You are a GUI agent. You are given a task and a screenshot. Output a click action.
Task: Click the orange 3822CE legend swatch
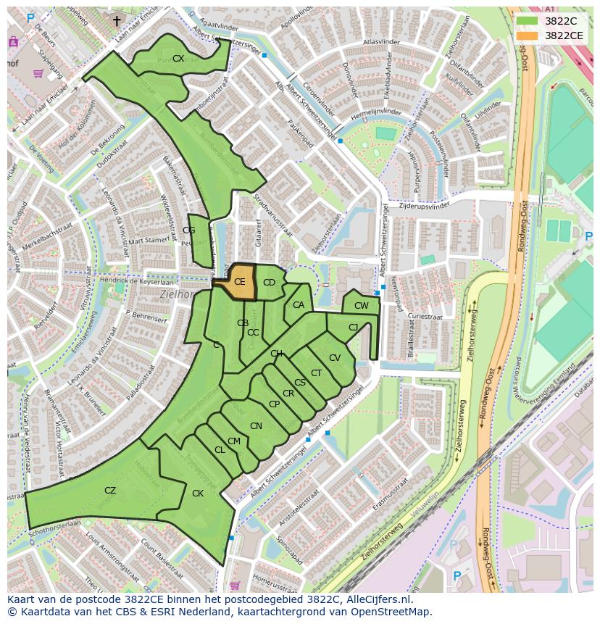coord(527,35)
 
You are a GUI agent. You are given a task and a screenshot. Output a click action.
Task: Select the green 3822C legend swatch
coord(527,21)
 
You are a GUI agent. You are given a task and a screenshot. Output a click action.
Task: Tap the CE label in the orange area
coord(240,282)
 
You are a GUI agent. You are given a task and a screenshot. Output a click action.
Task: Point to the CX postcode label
coord(178,59)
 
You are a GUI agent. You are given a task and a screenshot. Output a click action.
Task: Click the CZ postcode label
coord(110,491)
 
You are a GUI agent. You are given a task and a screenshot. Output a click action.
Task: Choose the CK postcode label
coord(198,494)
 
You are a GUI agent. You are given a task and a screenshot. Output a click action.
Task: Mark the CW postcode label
coord(361,306)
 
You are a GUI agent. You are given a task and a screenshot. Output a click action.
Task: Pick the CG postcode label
coord(189,230)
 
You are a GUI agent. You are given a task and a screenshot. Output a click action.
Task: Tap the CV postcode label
coord(334,358)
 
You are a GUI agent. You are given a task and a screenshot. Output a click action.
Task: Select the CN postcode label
coord(256,426)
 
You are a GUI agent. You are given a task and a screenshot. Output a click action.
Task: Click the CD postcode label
coord(269,283)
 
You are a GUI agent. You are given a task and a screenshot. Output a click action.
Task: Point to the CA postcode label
coord(299,305)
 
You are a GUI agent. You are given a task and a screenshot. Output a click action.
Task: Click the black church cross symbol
coord(117,21)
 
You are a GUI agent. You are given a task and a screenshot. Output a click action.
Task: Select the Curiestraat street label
coord(425,317)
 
